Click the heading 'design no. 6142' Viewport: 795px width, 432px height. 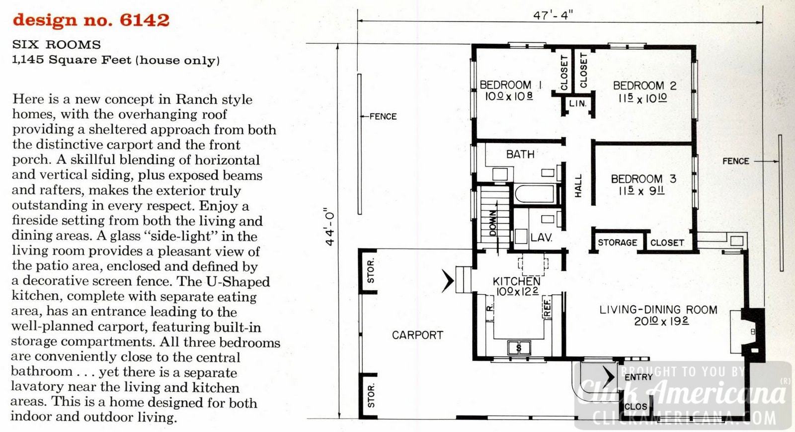pyautogui.click(x=91, y=20)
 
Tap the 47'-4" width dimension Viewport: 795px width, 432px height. pyautogui.click(x=553, y=15)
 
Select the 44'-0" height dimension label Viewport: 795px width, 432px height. pyautogui.click(x=330, y=227)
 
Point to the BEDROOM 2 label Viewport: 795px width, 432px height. pyautogui.click(x=644, y=86)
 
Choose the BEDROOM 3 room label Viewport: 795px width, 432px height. pyautogui.click(x=643, y=178)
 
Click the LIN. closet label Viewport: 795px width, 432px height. pyautogui.click(x=577, y=103)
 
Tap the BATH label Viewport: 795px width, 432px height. pyautogui.click(x=520, y=154)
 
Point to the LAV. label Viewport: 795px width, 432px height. pyautogui.click(x=541, y=238)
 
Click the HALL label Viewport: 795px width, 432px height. pyautogui.click(x=578, y=185)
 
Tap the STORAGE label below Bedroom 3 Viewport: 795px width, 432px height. pyautogui.click(x=617, y=243)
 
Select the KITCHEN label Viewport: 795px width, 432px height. pyautogui.click(x=516, y=281)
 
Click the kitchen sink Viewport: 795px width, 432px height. pyautogui.click(x=519, y=347)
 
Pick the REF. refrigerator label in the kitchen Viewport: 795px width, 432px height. pyautogui.click(x=547, y=308)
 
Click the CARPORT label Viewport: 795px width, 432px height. pyautogui.click(x=417, y=335)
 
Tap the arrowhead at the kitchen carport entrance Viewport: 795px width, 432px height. pyautogui.click(x=448, y=281)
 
